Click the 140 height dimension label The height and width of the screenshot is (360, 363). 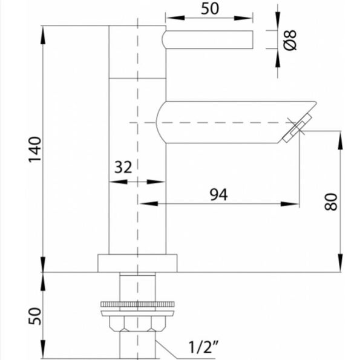click(35, 150)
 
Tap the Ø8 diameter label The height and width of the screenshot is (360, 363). click(290, 40)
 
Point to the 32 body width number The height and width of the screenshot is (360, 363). click(123, 167)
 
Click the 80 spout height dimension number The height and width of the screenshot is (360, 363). click(330, 201)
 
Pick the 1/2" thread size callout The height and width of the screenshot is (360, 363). click(204, 347)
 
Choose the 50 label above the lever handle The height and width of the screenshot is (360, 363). click(210, 8)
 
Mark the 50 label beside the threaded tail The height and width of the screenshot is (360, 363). click(34, 316)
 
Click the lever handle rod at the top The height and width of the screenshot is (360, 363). click(208, 39)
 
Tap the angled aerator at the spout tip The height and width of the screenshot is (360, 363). click(297, 128)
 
